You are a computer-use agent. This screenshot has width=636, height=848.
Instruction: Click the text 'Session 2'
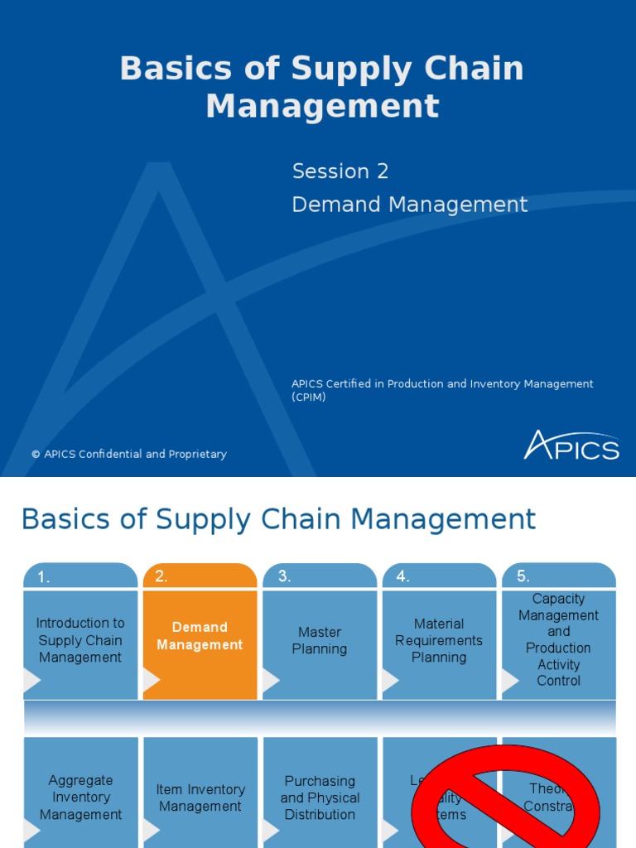pos(340,171)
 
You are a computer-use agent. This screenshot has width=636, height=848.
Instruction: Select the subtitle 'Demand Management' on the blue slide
pos(409,205)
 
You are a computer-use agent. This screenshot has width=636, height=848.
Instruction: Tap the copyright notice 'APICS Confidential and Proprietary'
pos(129,454)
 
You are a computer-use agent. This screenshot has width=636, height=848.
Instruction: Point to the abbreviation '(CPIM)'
pos(309,397)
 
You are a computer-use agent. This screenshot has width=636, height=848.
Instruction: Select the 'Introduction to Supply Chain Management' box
pos(80,640)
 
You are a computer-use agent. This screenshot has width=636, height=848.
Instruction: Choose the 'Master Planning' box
pos(320,641)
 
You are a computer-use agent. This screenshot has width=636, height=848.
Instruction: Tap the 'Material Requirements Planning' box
pos(439,640)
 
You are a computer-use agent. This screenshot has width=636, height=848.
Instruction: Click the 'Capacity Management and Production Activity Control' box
pos(558,639)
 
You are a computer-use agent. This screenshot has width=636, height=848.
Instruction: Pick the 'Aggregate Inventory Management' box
pos(80,797)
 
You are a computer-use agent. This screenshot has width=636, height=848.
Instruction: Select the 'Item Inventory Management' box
pos(200,797)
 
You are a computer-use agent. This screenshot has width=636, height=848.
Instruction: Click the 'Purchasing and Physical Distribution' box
pos(320,797)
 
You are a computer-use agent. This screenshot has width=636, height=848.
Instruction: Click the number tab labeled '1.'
pos(80,576)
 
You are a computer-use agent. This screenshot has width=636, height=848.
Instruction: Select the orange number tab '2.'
pos(200,576)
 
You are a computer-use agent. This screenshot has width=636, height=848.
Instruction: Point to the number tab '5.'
pos(558,576)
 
